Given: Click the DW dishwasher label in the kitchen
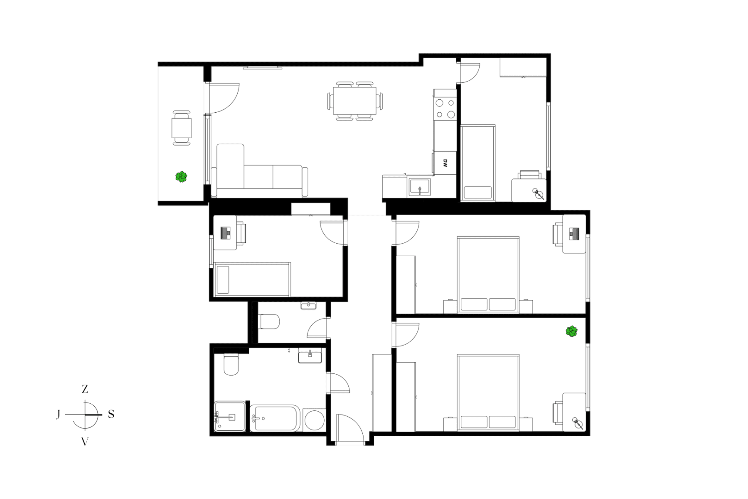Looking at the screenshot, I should [x=445, y=163].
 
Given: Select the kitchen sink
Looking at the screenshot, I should [x=420, y=187].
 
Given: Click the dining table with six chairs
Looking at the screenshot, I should [x=355, y=101].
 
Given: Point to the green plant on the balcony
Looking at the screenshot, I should [x=181, y=177].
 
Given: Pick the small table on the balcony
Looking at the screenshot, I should [x=182, y=128].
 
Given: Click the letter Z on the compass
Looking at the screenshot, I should [x=85, y=389].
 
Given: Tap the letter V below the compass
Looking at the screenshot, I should [x=85, y=442].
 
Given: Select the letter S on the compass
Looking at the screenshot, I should [x=111, y=414].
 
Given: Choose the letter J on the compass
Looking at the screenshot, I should [x=58, y=414].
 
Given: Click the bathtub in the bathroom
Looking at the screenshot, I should [x=275, y=418].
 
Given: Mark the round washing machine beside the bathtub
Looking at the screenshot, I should [x=314, y=420].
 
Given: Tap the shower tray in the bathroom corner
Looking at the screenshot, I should [x=230, y=416].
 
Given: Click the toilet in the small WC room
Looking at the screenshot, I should [x=269, y=321].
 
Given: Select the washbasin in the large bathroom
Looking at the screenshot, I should [x=310, y=356].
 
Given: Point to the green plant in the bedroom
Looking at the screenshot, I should [x=571, y=331].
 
